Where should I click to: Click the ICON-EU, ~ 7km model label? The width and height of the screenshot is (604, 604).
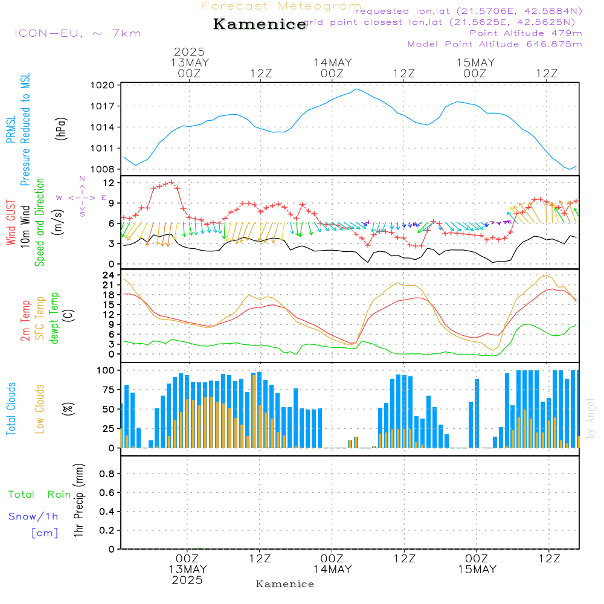[x=77, y=33]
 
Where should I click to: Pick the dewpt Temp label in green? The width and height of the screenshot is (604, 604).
[x=55, y=318]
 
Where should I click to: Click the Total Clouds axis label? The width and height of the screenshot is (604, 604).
[x=11, y=409]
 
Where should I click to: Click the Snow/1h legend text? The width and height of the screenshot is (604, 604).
[x=33, y=516]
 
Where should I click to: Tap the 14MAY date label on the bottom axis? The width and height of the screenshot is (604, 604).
[x=332, y=570]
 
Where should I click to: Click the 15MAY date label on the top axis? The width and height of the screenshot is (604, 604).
[x=475, y=63]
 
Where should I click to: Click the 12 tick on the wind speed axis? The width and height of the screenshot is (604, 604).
[x=109, y=182]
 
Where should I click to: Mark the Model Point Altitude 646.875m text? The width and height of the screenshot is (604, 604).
[x=495, y=44]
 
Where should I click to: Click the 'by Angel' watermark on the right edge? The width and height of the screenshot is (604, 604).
[x=591, y=419]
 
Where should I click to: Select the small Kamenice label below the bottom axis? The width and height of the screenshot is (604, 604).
[x=285, y=584]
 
